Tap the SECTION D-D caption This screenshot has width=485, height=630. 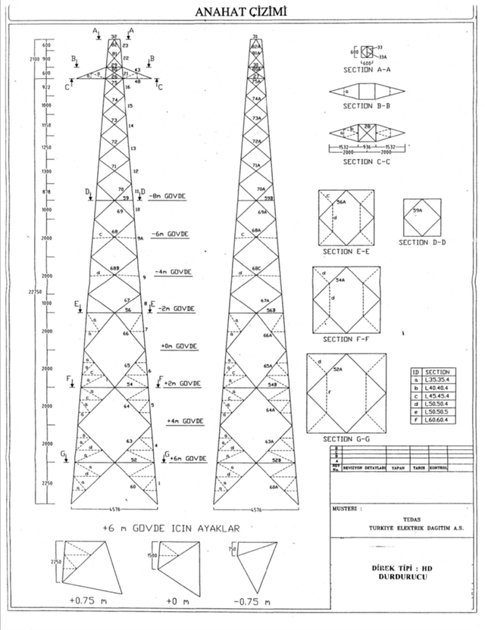click(x=420, y=243)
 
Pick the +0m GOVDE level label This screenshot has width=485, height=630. click(x=179, y=345)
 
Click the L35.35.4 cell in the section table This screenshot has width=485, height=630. click(x=439, y=383)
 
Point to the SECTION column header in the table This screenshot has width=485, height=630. click(x=437, y=373)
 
